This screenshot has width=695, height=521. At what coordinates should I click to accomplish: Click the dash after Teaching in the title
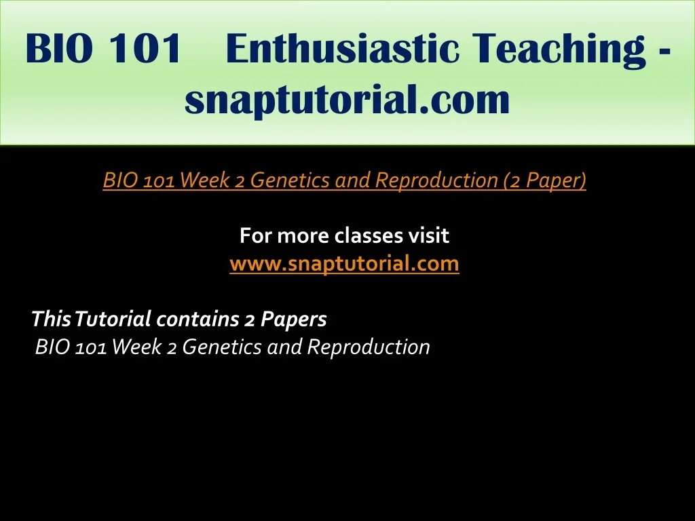[662, 52]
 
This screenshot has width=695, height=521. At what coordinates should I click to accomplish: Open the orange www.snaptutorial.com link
[344, 264]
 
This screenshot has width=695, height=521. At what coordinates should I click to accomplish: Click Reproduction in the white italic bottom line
[369, 347]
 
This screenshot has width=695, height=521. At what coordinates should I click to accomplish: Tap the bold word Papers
[293, 320]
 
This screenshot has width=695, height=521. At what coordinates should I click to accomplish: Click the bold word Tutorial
[113, 319]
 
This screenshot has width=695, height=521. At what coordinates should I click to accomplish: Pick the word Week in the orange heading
[205, 180]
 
